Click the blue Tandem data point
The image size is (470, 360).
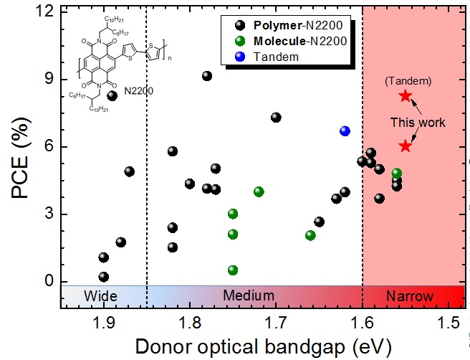[x=345, y=131]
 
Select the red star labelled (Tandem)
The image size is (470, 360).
[x=406, y=96]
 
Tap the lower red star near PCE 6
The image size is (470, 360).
[x=406, y=146]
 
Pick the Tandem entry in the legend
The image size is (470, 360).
[x=279, y=57]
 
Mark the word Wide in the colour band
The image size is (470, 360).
[x=101, y=296]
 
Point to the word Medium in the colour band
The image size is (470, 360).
[x=249, y=296]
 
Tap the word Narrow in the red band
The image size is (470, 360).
[x=410, y=296]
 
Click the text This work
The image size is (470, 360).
[x=418, y=123]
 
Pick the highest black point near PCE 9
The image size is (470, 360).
[x=207, y=76]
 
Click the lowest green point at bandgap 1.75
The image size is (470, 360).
[x=233, y=270]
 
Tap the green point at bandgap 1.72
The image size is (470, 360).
[x=259, y=191]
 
